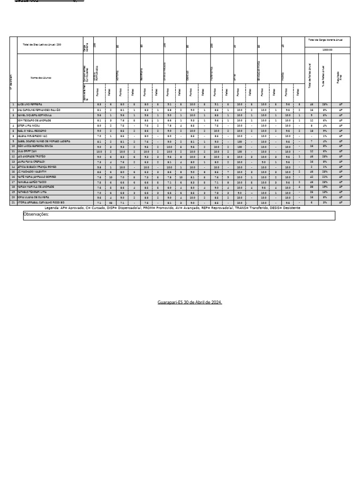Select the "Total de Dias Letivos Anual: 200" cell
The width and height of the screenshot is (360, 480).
click(x=42, y=45)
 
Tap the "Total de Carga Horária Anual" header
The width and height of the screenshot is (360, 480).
click(x=326, y=40)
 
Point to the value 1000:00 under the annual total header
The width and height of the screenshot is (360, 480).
click(x=326, y=49)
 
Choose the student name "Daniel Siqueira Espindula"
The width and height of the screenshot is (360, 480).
click(x=36, y=115)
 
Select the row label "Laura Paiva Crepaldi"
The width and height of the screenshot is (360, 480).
click(x=33, y=161)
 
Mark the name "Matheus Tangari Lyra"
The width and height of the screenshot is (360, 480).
click(x=33, y=192)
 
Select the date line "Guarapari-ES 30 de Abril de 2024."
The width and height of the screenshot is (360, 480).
click(x=190, y=302)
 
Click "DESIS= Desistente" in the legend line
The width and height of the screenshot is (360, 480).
click(x=284, y=207)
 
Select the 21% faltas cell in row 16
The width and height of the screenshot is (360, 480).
click(x=324, y=177)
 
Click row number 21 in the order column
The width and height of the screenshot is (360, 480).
click(x=13, y=202)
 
